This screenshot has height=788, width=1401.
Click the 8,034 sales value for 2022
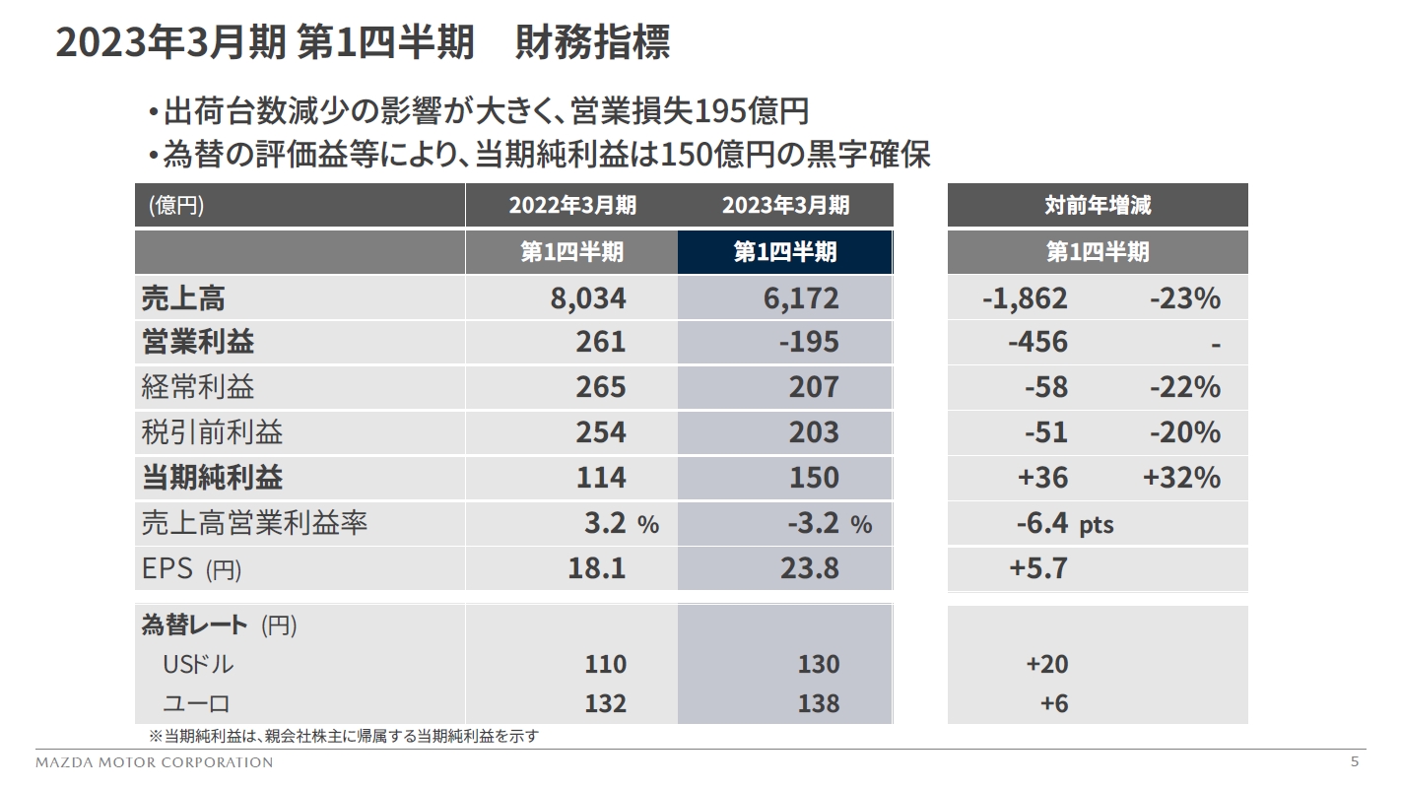[587, 297]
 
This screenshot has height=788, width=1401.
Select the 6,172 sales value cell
[801, 297]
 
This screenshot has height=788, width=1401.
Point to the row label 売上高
[176, 297]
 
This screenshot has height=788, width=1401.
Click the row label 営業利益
[198, 342]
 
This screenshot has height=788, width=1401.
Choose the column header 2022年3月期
[571, 205]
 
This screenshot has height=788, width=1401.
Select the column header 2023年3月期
[785, 205]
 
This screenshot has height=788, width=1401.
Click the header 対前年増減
[1098, 205]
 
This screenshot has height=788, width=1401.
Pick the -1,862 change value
[1025, 297]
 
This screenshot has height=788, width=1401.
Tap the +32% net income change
[1181, 478]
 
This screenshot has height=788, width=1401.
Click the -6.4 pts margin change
[1064, 523]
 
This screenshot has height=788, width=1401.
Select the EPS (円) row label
[191, 569]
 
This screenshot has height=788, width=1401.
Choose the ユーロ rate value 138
[819, 703]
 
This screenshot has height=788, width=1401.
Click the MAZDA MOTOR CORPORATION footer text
[155, 762]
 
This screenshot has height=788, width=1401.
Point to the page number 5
[1354, 761]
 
